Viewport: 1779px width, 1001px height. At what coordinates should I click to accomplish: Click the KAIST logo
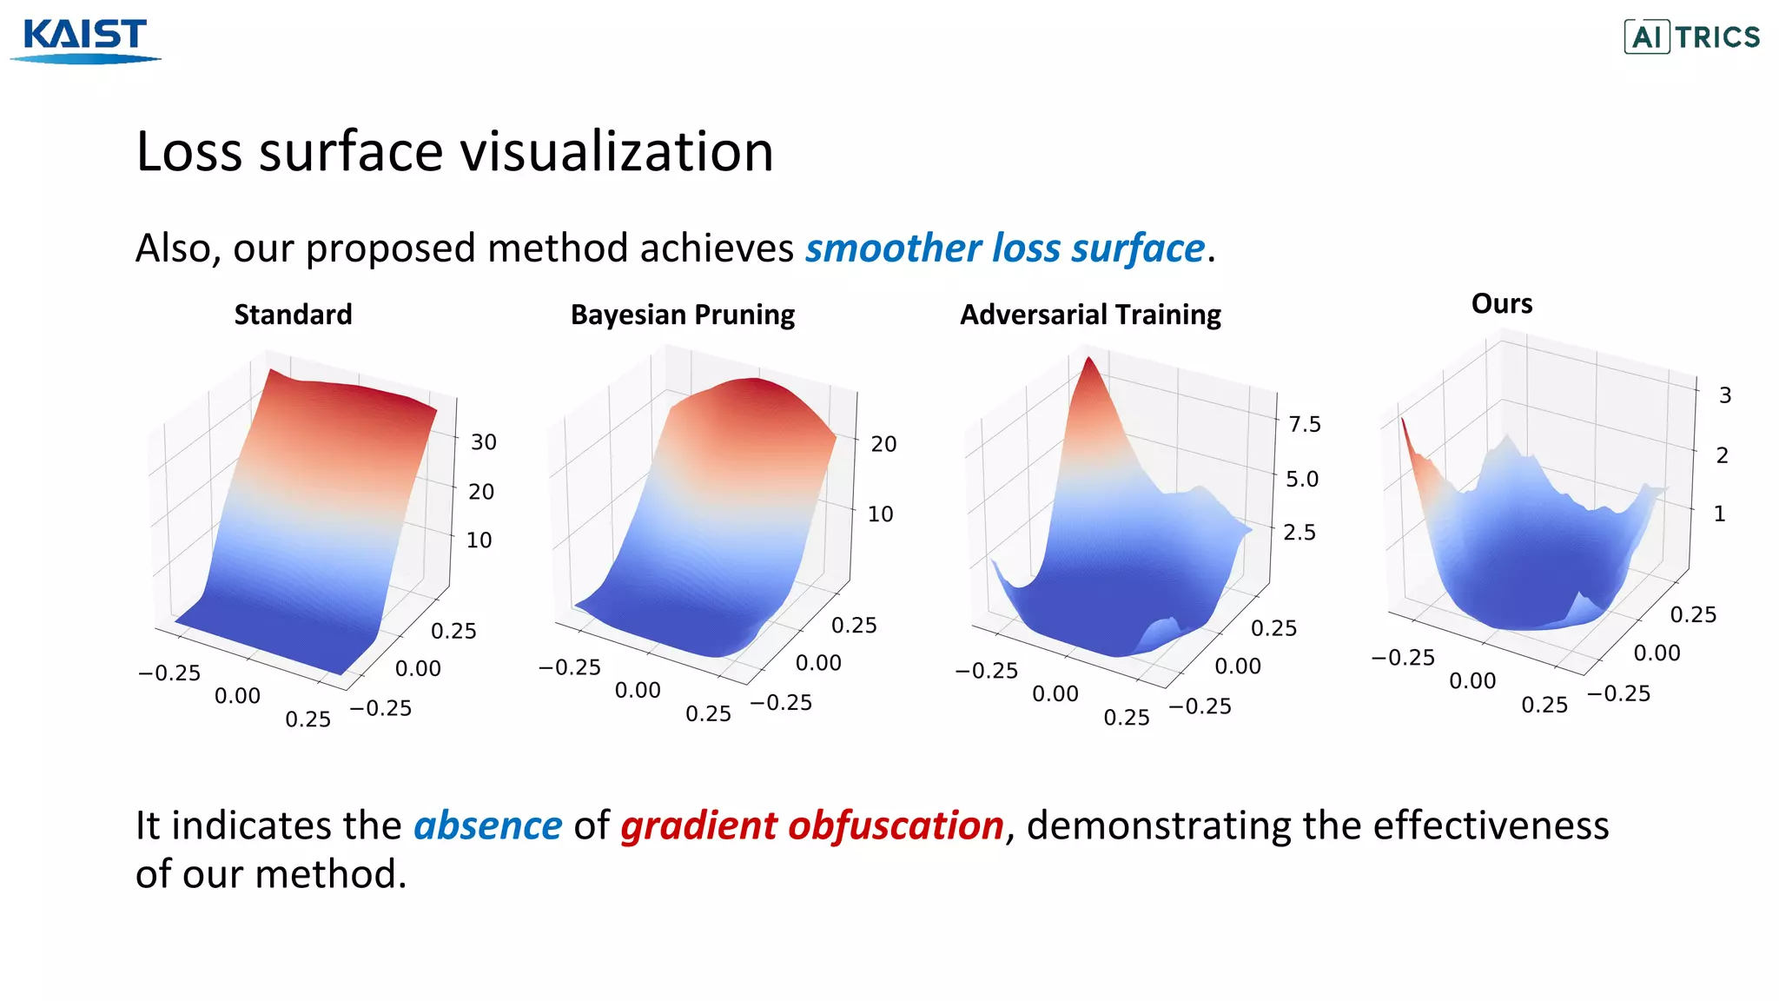click(85, 40)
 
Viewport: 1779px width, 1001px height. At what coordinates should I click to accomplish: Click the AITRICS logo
click(1691, 37)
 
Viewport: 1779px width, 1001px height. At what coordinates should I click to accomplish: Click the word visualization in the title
click(616, 152)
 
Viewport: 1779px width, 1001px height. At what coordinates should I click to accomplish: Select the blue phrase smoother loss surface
click(1005, 249)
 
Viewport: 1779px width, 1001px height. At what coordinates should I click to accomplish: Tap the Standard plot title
click(293, 315)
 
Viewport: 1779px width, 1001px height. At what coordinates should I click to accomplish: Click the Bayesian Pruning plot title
click(682, 315)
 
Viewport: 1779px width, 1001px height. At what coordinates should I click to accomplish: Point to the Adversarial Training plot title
click(1089, 315)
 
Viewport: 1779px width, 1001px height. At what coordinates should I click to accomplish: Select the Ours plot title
click(1501, 303)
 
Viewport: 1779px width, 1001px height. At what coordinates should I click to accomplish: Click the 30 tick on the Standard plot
click(483, 442)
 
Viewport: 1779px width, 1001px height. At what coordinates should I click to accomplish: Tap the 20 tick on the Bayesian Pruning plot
click(883, 444)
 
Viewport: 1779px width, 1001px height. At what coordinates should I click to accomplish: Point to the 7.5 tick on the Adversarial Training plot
click(1304, 424)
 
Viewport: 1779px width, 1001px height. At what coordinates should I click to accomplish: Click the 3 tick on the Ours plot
click(1724, 395)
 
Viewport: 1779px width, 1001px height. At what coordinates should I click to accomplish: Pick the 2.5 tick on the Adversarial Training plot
click(1299, 532)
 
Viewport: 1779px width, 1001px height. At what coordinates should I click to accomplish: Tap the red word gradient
click(698, 825)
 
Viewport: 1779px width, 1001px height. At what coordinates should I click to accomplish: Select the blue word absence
click(487, 825)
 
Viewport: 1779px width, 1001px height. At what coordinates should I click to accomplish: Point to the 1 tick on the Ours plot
click(1718, 514)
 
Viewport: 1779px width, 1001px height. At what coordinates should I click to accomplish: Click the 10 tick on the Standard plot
click(479, 540)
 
